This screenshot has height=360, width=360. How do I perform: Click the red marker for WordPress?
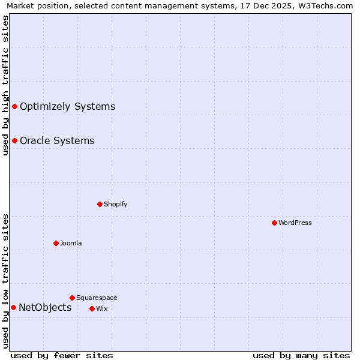click(274, 223)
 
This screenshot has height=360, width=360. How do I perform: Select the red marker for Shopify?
click(100, 204)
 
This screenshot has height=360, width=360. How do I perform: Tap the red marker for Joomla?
click(56, 243)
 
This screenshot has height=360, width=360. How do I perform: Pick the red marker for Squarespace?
click(72, 298)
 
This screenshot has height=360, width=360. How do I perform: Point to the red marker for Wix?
click(92, 308)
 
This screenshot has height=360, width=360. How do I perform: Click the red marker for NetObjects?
click(13, 308)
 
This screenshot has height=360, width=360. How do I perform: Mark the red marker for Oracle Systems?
click(14, 141)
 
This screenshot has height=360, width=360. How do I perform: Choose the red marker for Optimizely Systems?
click(14, 107)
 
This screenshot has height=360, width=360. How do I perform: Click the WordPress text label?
click(295, 223)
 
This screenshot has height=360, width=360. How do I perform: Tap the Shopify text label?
click(115, 204)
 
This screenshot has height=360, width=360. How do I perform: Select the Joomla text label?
click(71, 243)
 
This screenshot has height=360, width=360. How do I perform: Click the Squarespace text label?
click(97, 298)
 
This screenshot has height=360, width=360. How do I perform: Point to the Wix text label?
click(101, 308)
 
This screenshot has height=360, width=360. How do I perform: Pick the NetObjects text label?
click(45, 308)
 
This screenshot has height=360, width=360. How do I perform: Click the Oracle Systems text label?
click(57, 141)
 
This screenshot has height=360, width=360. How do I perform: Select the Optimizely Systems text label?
click(67, 107)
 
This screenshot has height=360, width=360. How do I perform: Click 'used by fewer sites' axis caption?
click(62, 355)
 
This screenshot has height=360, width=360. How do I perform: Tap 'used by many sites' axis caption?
click(301, 355)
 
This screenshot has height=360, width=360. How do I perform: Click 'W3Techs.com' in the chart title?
click(327, 6)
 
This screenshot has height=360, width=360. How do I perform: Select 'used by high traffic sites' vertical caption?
click(6, 86)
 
